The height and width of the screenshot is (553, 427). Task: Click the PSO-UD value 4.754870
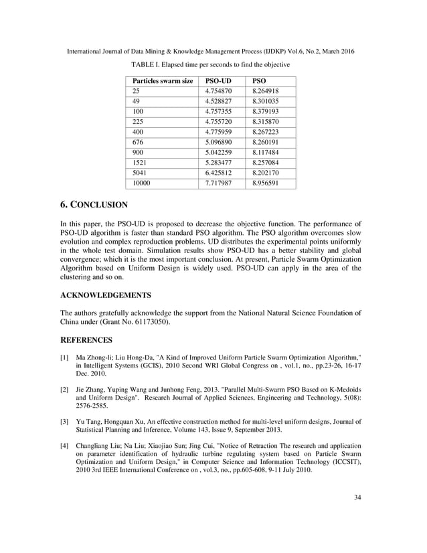pos(219,91)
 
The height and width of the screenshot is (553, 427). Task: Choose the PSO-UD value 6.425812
pos(219,173)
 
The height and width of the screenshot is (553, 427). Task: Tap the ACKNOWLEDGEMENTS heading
pos(106,295)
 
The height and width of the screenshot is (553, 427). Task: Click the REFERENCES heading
pos(88,339)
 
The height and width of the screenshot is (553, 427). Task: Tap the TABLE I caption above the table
pos(210,64)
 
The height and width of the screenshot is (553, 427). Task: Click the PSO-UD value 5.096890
pos(219,142)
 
